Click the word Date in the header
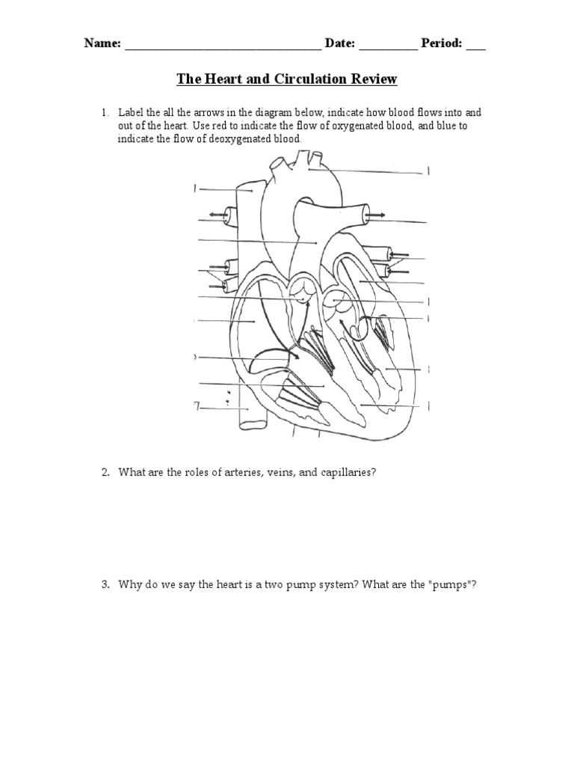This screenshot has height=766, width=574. click(x=339, y=43)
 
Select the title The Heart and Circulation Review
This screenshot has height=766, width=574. click(x=286, y=79)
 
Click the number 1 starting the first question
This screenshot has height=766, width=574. click(x=105, y=112)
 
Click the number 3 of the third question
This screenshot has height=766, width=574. click(x=105, y=585)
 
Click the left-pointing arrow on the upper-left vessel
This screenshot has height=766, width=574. click(x=218, y=215)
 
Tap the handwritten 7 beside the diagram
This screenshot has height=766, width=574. click(x=197, y=406)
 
